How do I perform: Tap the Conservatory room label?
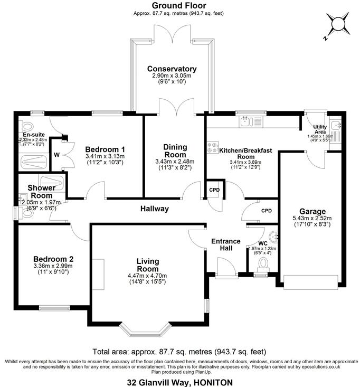click(x=172, y=69)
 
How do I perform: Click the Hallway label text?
click(x=155, y=209)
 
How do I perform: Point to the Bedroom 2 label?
click(x=53, y=259)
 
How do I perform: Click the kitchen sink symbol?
click(x=246, y=122)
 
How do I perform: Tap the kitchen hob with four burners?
click(x=213, y=148)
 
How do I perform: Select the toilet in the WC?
click(x=261, y=271)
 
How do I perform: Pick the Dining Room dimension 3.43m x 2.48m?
click(x=175, y=162)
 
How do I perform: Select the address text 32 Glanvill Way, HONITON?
click(x=180, y=381)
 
